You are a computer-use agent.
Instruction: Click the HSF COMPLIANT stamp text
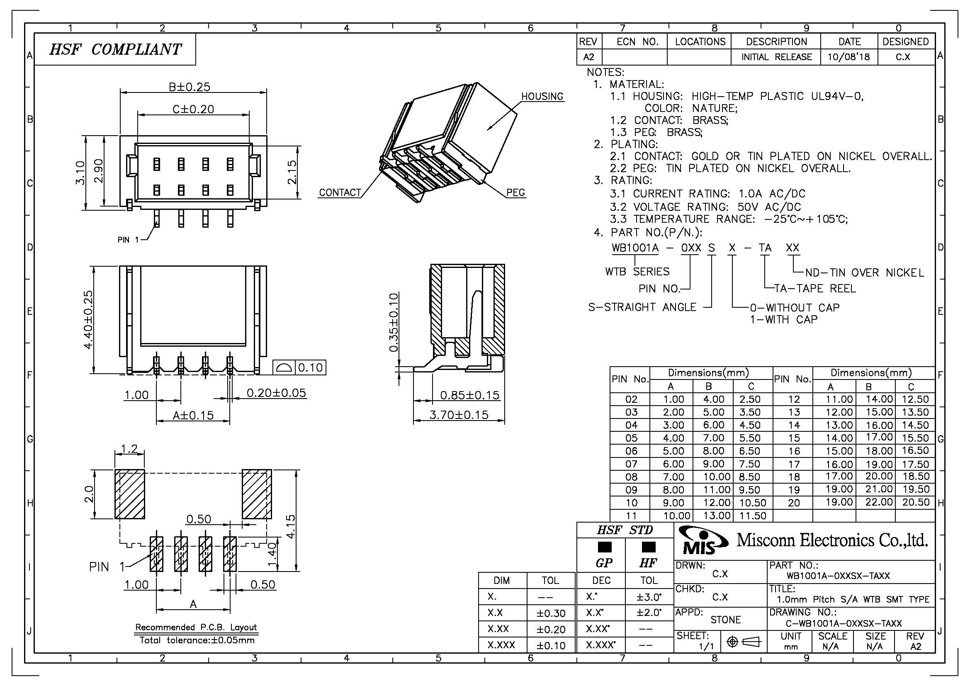[x=115, y=49]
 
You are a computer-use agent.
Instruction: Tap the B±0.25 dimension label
[x=189, y=87]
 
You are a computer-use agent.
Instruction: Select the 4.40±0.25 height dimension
[x=88, y=320]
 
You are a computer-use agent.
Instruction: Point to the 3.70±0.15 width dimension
[x=459, y=414]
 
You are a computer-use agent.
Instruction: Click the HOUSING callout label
[x=542, y=96]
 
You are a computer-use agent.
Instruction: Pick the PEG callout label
[x=515, y=192]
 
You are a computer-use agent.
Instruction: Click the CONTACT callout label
[x=340, y=192]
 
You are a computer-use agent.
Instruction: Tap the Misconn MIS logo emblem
[x=703, y=540]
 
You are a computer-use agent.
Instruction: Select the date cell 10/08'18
[x=849, y=57]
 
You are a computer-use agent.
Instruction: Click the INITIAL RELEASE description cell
[x=776, y=57]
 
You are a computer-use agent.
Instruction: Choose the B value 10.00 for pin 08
[x=714, y=477]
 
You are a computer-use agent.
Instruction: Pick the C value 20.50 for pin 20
[x=916, y=502]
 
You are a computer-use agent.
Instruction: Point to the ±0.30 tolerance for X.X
[x=551, y=613]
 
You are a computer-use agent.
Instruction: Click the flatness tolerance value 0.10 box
[x=311, y=367]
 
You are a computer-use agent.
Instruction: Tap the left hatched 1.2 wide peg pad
[x=130, y=494]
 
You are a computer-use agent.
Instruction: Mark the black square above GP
[x=605, y=547]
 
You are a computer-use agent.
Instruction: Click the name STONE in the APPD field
[x=725, y=620]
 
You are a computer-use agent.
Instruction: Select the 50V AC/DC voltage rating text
[x=769, y=207]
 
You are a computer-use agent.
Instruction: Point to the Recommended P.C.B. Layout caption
[x=196, y=627]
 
